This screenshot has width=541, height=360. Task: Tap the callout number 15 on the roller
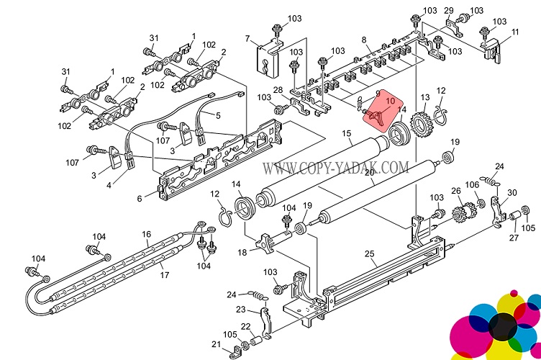346,134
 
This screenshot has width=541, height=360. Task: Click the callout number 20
368,173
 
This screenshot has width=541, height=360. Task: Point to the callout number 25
370,254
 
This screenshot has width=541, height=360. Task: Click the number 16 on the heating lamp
146,234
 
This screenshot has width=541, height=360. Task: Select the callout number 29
448,10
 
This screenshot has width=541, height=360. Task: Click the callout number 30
512,192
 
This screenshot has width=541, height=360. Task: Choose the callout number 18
242,252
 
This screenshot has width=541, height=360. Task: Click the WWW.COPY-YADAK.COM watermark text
335,168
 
